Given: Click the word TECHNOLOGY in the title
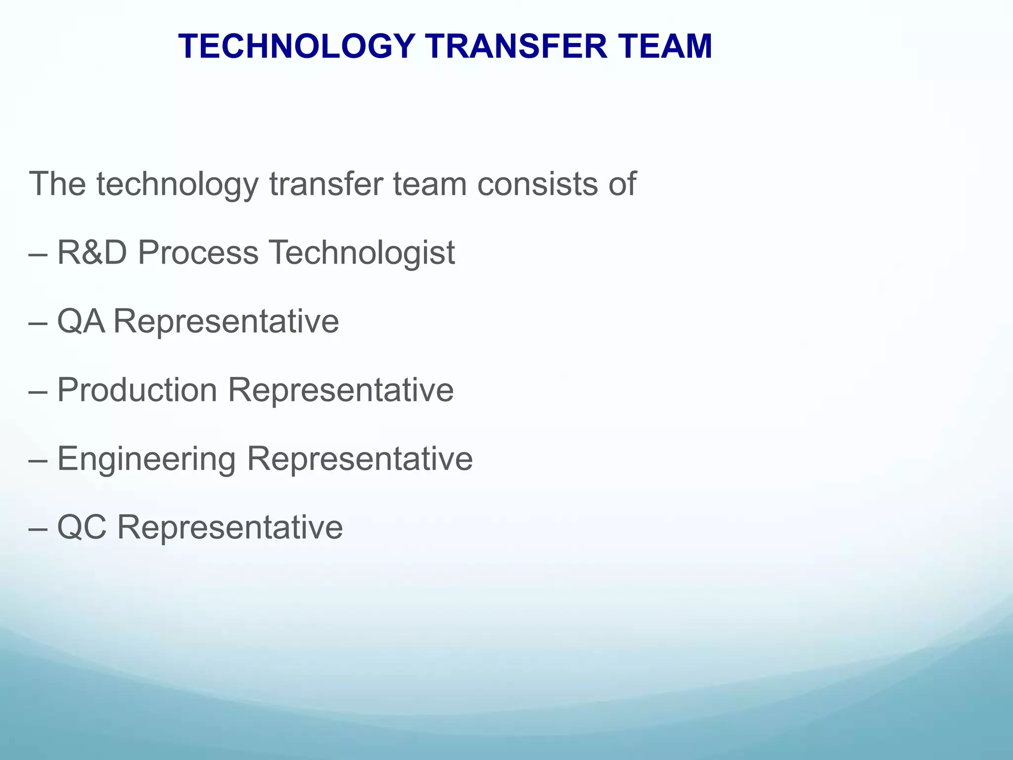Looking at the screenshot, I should point(296,47).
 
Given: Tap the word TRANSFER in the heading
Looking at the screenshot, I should point(516,47).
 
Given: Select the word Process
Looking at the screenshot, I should point(198,252).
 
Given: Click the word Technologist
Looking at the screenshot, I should point(361,252).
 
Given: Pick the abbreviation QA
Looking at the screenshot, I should point(81,321).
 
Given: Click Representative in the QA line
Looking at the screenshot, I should point(227,321).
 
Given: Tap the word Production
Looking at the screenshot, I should point(137,390).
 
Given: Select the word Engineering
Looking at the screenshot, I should point(146,459).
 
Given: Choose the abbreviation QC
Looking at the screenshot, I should point(82,527).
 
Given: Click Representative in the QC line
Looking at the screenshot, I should point(230,527).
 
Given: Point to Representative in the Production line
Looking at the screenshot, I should point(340,390).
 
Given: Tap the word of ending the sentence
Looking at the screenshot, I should point(622,184).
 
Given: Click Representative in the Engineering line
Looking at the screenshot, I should point(360,459).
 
